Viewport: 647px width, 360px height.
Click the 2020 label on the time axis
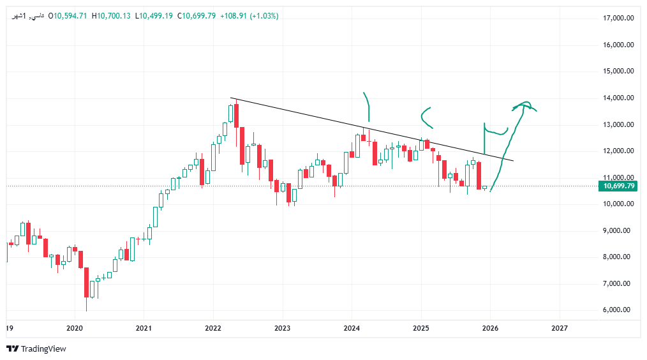tap(75, 328)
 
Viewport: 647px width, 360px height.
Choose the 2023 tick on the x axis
tap(282, 328)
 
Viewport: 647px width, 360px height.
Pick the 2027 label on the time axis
tap(559, 328)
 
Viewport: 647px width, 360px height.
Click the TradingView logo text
tap(36, 349)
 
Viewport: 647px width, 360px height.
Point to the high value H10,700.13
tap(113, 16)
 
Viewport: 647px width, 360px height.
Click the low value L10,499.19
tap(155, 16)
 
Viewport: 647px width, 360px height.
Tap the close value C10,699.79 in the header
tap(198, 16)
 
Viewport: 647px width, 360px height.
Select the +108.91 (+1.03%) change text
tap(249, 16)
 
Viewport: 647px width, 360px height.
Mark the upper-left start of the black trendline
tap(231, 98)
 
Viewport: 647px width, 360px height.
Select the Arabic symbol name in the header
tap(29, 16)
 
